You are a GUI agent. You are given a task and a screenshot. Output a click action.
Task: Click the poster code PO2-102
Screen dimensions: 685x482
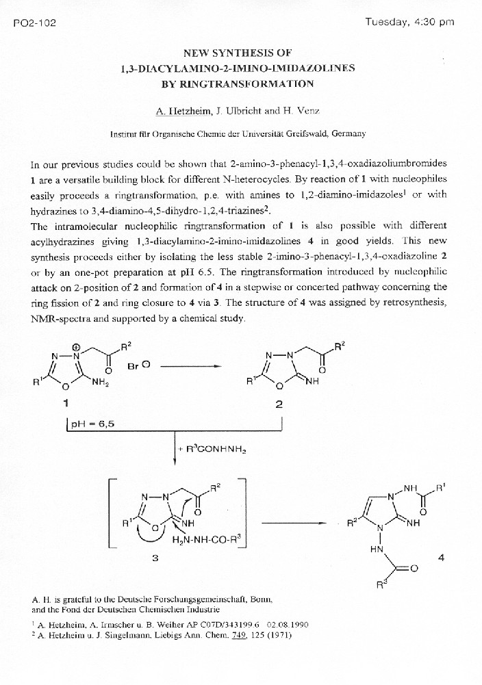coord(34,23)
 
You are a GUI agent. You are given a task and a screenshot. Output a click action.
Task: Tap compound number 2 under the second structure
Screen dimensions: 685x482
coord(279,404)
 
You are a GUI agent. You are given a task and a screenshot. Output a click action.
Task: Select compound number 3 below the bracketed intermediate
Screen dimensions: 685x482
coord(155,558)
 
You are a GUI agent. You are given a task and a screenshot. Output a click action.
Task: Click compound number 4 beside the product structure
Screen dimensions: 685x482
coord(441,558)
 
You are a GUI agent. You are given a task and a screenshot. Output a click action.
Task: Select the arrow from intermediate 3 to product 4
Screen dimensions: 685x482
coord(293,524)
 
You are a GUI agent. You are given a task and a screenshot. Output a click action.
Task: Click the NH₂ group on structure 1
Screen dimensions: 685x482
coord(101,383)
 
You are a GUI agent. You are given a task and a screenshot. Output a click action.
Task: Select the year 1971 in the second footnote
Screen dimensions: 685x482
coord(279,635)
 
